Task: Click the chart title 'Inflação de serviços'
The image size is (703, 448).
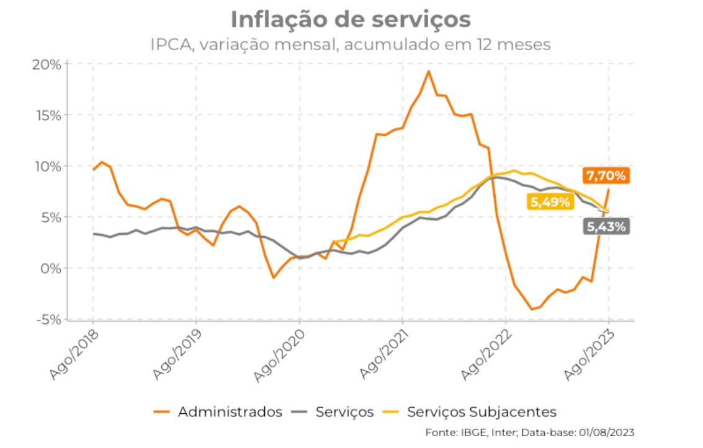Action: click(351, 19)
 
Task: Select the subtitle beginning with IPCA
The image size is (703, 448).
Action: click(351, 45)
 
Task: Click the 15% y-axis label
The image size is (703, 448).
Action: click(47, 115)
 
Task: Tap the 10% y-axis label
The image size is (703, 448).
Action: click(47, 166)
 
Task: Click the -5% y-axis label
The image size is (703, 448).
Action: click(48, 319)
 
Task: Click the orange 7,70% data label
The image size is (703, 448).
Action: click(606, 176)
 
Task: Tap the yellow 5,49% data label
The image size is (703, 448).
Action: click(550, 202)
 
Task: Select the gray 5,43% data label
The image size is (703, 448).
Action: click(606, 227)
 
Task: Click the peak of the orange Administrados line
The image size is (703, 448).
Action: click(428, 71)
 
